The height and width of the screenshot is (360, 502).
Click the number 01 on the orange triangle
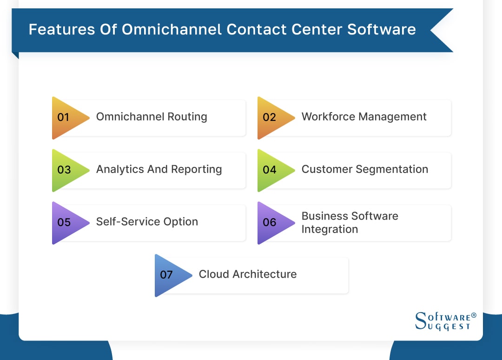(63, 117)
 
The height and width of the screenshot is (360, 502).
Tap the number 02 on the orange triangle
(269, 117)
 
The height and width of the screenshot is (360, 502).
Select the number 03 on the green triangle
(64, 170)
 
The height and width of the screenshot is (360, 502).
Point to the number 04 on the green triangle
(269, 170)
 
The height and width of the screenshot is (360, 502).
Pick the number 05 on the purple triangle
(64, 222)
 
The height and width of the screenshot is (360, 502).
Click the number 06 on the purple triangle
(269, 222)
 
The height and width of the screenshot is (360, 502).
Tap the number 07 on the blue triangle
(166, 275)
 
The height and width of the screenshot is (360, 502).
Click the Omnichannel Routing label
(152, 117)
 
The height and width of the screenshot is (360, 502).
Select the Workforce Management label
(364, 117)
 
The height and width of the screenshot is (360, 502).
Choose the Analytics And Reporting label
(159, 169)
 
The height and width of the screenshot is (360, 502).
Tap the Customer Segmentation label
(365, 169)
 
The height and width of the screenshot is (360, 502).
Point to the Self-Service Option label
(147, 222)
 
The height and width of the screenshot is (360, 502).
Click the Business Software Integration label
(350, 222)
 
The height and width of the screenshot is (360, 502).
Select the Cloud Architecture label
(248, 274)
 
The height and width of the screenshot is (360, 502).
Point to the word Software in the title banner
(381, 29)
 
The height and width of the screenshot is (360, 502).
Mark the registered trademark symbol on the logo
(474, 315)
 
